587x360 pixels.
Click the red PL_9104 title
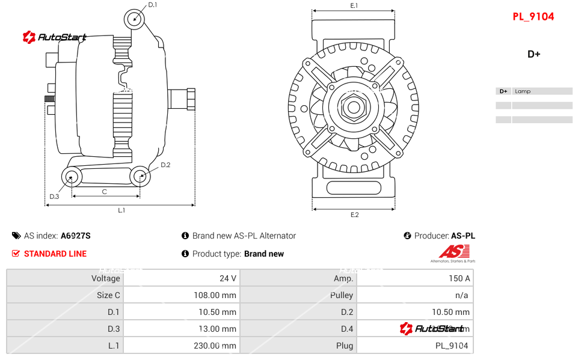tap(533, 17)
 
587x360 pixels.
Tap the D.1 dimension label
tap(152, 5)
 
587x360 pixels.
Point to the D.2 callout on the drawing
tap(165, 165)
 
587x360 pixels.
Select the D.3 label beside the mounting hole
tap(54, 197)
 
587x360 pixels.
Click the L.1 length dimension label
tap(121, 210)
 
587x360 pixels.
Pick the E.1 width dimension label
tap(354, 5)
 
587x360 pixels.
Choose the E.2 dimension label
tap(354, 215)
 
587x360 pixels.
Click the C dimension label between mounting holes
tap(105, 192)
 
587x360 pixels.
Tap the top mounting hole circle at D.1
tap(135, 19)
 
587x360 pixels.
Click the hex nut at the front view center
tap(354, 108)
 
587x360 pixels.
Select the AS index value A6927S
tap(76, 236)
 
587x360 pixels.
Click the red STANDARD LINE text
tap(55, 254)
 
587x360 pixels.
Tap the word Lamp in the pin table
tap(523, 91)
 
